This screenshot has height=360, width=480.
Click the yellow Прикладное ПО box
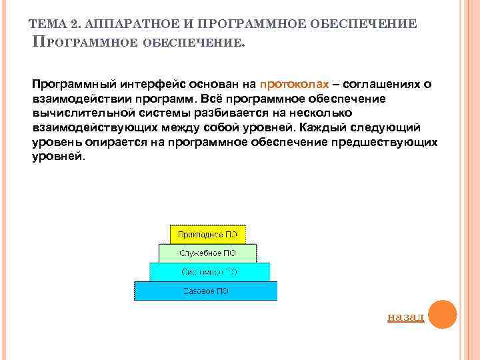[x=207, y=234]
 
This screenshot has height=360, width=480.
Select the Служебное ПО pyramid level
[x=207, y=253]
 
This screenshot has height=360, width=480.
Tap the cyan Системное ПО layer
[x=209, y=272]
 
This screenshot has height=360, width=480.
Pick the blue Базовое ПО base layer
[x=206, y=291]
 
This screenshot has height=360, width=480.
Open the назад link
[x=405, y=317]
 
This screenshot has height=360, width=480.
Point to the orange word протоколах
[x=294, y=85]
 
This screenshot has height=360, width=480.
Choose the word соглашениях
[x=382, y=85]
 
